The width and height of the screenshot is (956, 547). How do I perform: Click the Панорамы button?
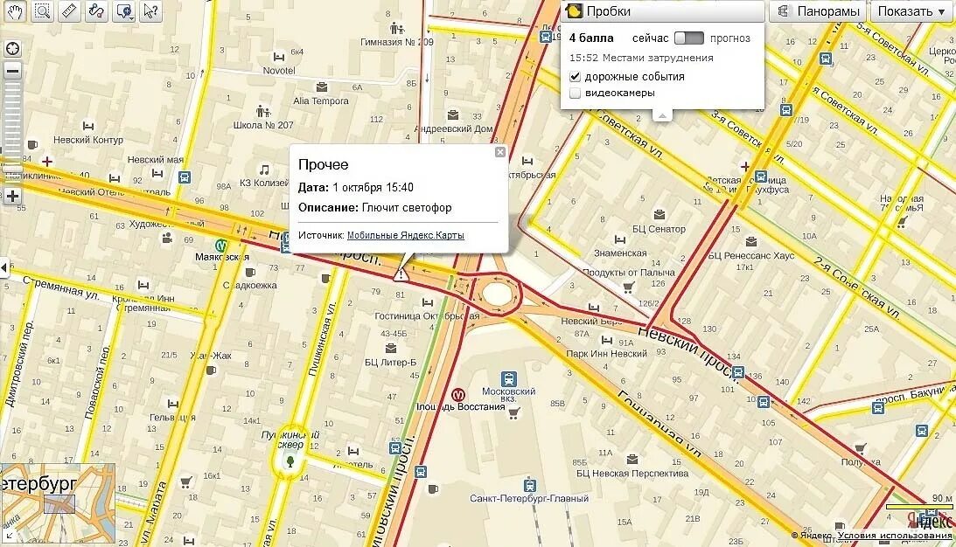(x=819, y=11)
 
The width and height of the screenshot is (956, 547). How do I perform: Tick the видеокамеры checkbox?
(x=576, y=93)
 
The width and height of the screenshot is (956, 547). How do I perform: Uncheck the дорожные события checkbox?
(x=576, y=77)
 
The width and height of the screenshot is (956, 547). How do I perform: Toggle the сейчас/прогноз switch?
(x=688, y=38)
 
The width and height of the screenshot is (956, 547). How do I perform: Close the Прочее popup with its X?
(x=500, y=152)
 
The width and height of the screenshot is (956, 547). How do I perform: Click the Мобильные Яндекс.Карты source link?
(x=406, y=235)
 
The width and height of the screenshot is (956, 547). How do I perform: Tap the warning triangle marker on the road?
(x=401, y=274)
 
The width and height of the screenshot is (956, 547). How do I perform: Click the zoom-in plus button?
(x=12, y=196)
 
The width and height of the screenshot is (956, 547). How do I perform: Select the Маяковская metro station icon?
(x=221, y=246)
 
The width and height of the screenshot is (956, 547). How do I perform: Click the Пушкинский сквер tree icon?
(x=290, y=459)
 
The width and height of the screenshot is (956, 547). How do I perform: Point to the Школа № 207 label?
(x=263, y=125)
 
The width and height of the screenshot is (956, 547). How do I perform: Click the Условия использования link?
(x=894, y=536)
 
